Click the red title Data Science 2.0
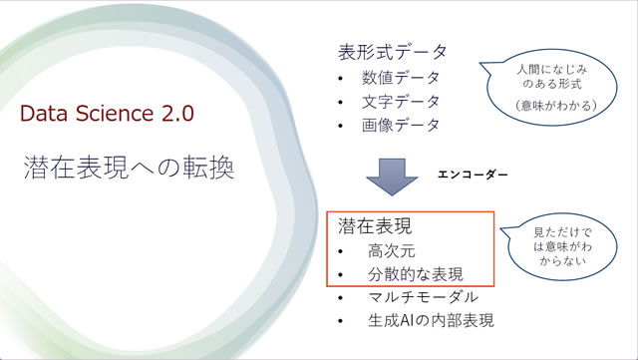click(x=109, y=112)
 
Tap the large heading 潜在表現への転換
click(x=129, y=167)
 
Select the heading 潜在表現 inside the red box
click(x=375, y=225)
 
